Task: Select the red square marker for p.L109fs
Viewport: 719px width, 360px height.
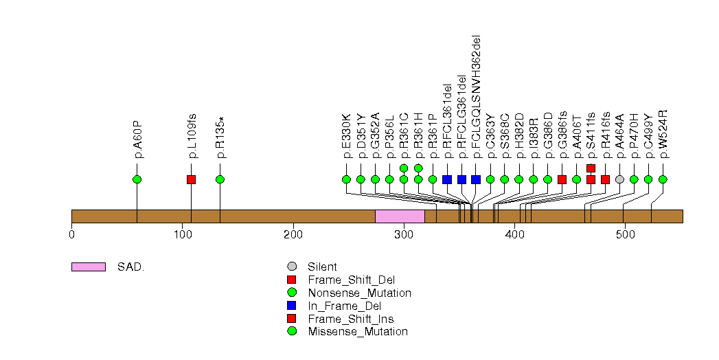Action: pos(192,179)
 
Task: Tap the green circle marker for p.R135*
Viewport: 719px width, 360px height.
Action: pos(220,179)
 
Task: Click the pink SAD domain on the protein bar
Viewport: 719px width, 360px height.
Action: pos(400,216)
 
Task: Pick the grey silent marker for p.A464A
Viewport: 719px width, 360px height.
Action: pos(619,179)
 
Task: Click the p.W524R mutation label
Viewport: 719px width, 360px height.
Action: pos(663,133)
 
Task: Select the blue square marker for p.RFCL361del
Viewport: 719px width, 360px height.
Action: pos(447,179)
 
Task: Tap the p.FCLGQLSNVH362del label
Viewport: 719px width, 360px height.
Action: pos(477,96)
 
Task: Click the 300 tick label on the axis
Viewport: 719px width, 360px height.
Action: pos(404,234)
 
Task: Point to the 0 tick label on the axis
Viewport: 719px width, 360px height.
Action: pos(71,234)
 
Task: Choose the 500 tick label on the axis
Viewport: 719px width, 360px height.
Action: pos(625,234)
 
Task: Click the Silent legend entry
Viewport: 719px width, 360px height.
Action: pos(323,267)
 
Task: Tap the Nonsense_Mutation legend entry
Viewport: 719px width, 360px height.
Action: pos(350,293)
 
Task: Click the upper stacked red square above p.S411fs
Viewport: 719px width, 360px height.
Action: pos(591,168)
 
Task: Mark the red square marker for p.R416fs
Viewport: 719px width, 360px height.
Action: pos(605,179)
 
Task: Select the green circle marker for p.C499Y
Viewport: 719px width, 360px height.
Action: pos(648,179)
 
